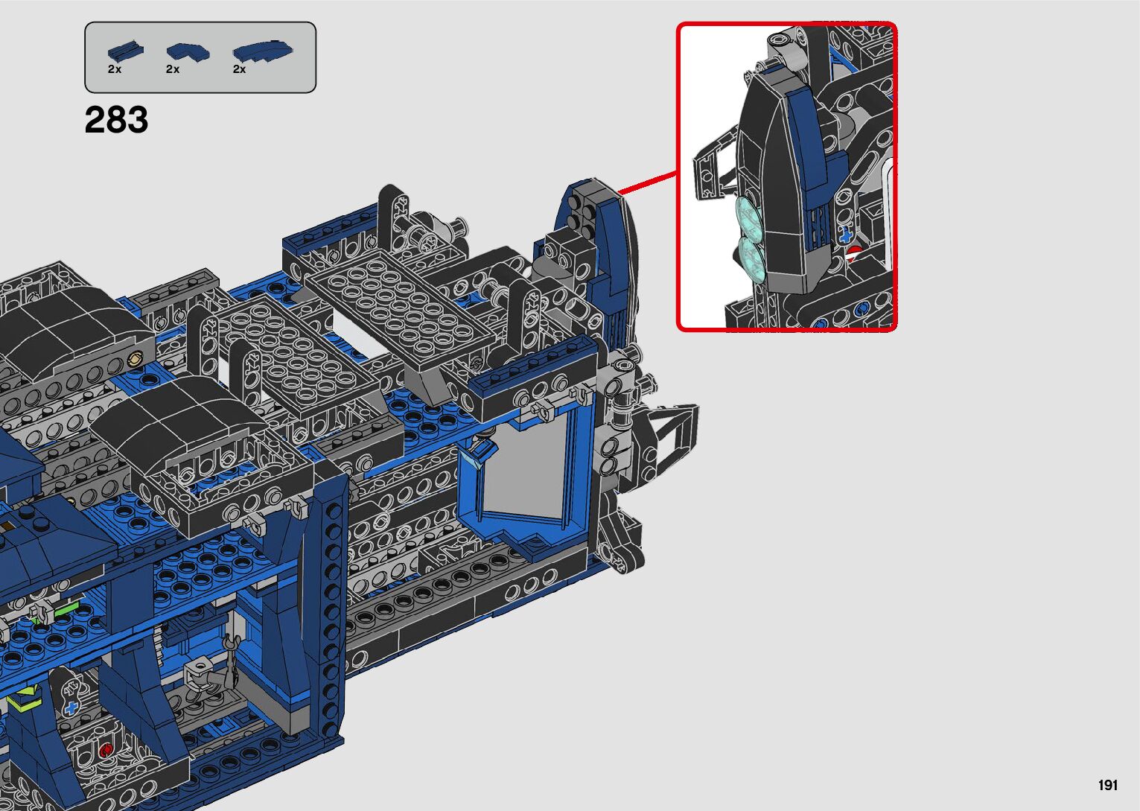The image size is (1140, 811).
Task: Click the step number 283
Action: pos(117,120)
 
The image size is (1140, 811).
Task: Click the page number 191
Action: pos(1108,786)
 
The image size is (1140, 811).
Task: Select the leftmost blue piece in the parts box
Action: pos(125,51)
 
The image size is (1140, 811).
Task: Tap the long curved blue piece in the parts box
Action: pos(263,51)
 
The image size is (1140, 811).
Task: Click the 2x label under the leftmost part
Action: pos(115,69)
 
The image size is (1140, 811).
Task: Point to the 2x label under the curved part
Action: pos(239,69)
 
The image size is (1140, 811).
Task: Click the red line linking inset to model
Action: pos(647,183)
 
